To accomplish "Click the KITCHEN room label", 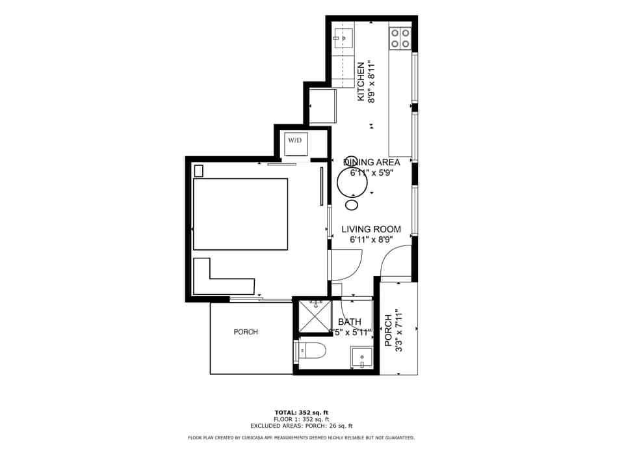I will click(x=361, y=81).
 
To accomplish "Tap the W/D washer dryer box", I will click(x=295, y=141).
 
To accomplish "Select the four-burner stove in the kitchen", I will click(x=400, y=38).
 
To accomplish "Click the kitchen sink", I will click(x=343, y=38).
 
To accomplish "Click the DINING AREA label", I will click(x=371, y=162).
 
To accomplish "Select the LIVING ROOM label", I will click(x=371, y=229).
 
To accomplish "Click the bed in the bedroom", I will click(x=240, y=214).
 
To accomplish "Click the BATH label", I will click(x=350, y=322).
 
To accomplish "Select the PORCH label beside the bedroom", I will click(x=246, y=332).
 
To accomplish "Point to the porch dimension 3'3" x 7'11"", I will click(x=399, y=330).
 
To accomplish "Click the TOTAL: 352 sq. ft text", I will click(x=301, y=412).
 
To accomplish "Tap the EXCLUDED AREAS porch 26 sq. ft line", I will click(x=301, y=425).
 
